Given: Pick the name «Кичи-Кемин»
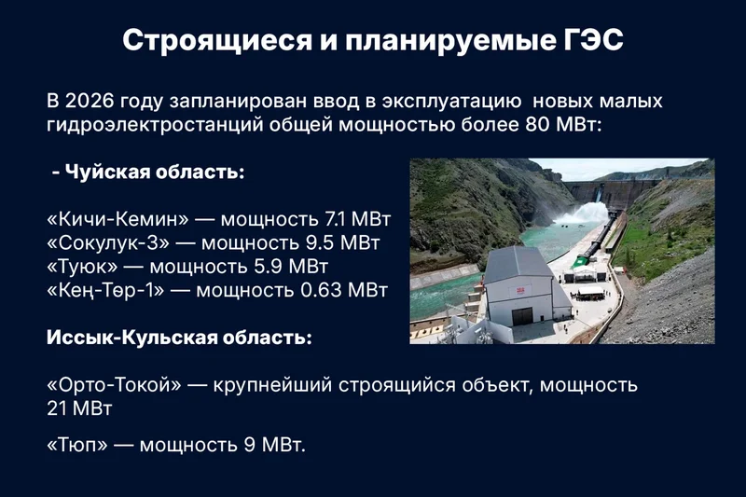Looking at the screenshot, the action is pos(118,219).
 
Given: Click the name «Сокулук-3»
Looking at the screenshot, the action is pos(108,243).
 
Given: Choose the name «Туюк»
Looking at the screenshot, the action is pos(82,267).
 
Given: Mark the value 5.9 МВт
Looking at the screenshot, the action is pos(291,267).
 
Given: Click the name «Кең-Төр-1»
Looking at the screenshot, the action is pos(105,290).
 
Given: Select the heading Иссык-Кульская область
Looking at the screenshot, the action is pos(179,338).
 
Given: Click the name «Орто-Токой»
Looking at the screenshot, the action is pos(114,385).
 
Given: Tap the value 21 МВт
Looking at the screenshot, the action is pos(79,409).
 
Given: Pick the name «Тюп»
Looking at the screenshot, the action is pos(77,445).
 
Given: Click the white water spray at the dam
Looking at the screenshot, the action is pos(581,214).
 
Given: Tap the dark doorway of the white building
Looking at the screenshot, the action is pos(522,317).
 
